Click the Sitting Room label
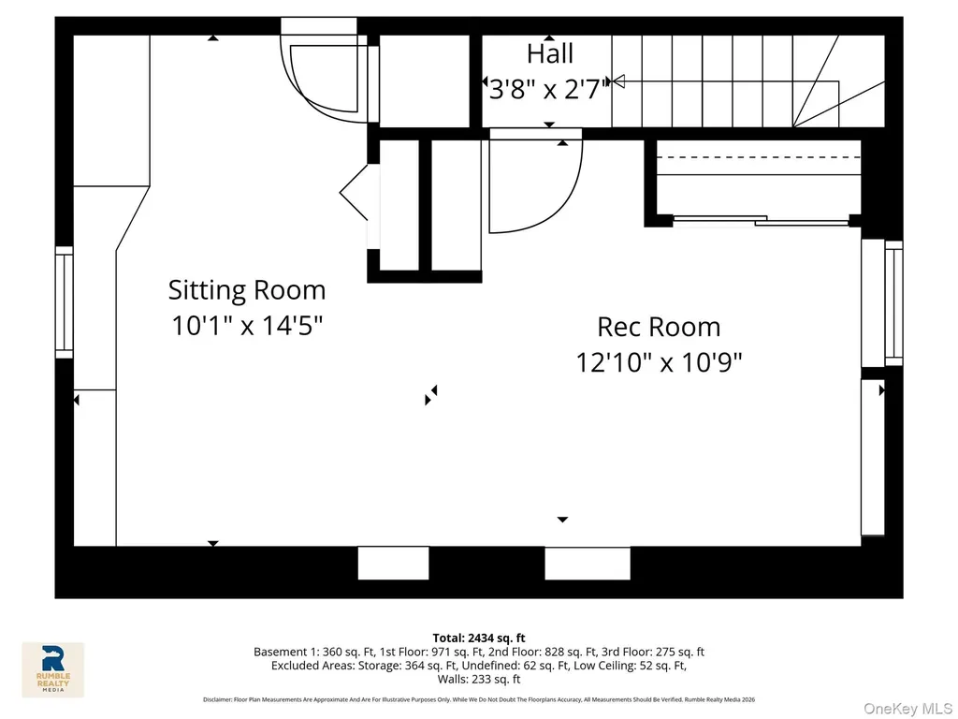point(247,290)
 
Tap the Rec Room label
point(659,327)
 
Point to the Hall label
point(550,53)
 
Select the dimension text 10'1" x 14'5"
point(247,325)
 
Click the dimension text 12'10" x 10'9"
point(659,362)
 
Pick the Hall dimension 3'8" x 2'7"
point(549,90)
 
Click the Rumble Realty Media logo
point(53,669)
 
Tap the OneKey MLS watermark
point(907,708)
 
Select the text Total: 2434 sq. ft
point(479,638)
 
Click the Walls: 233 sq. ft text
point(479,679)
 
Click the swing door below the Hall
point(535,183)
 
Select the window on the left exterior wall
point(65,302)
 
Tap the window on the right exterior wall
point(893,303)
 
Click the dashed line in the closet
point(758,157)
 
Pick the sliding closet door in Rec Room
point(761,220)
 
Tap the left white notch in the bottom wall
point(393,563)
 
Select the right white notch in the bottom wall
point(588,563)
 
